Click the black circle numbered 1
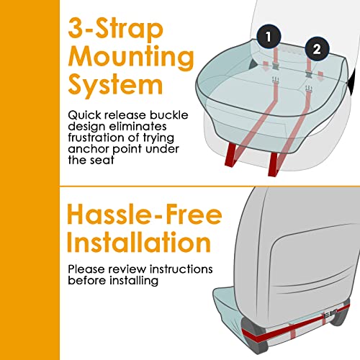(269, 37)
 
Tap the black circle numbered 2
(317, 49)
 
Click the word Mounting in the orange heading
(131, 58)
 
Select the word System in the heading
(115, 85)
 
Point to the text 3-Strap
(116, 30)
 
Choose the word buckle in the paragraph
(169, 115)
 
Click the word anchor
(89, 149)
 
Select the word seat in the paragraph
(102, 160)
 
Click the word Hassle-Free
(145, 214)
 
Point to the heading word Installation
(139, 242)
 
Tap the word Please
(86, 269)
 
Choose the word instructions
(181, 269)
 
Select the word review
(127, 269)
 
